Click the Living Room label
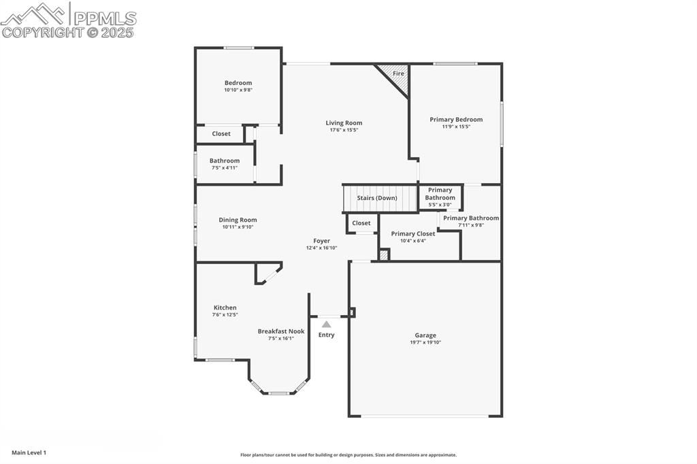pos(344,123)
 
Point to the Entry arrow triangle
pos(327,324)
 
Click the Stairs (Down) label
pos(377,198)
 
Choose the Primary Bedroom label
pos(456,120)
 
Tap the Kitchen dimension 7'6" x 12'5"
pos(225,314)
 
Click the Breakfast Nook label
pos(281,331)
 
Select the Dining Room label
pos(238,220)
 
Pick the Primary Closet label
pos(413,233)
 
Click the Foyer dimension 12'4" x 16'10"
pos(321,248)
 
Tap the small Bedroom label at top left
pos(238,83)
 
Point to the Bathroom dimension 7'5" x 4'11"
pos(225,167)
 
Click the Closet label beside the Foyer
pos(361,223)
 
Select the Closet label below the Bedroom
pos(221,134)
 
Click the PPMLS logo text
pos(105,18)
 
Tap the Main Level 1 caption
pos(29,452)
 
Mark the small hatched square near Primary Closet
pos(384,255)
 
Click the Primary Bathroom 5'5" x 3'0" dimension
pos(440,204)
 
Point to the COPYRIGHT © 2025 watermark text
pos(68,32)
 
